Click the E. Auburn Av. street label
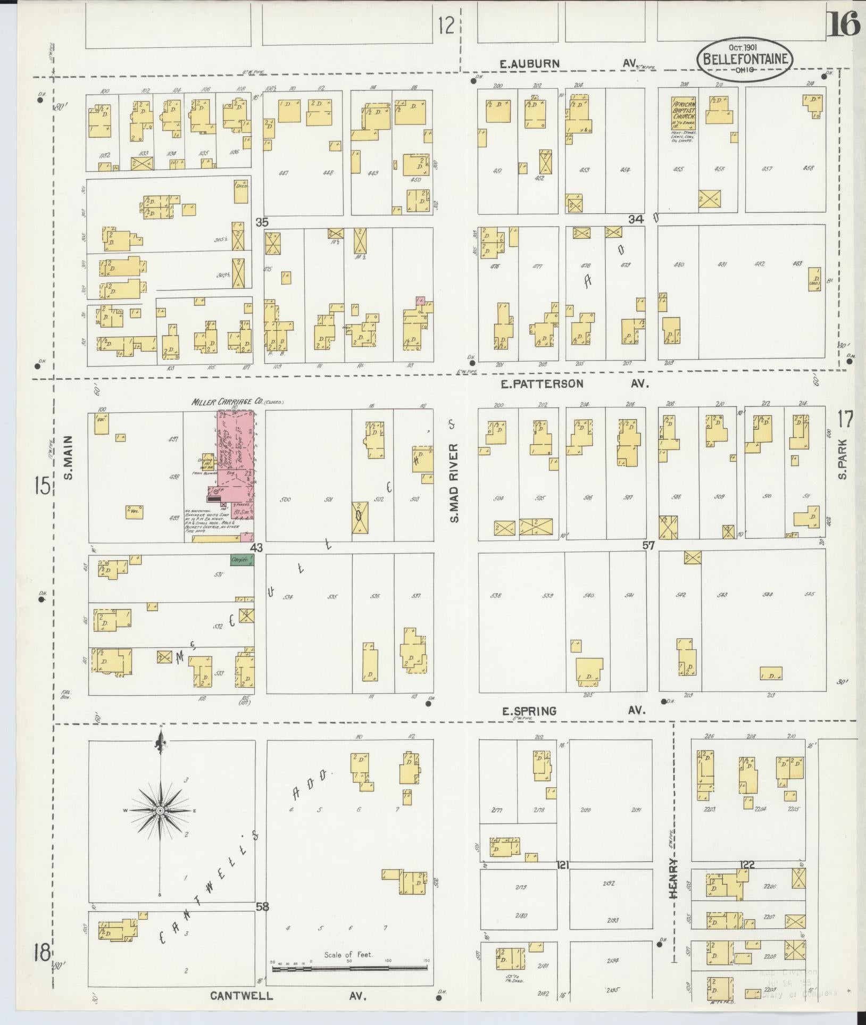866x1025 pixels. pyautogui.click(x=569, y=64)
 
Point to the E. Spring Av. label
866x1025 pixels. pyautogui.click(x=573, y=711)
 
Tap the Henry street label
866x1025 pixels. pyautogui.click(x=675, y=886)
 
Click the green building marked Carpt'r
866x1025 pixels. pyautogui.click(x=242, y=560)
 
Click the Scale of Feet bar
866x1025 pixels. pyautogui.click(x=349, y=969)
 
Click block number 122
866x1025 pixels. pyautogui.click(x=747, y=865)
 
